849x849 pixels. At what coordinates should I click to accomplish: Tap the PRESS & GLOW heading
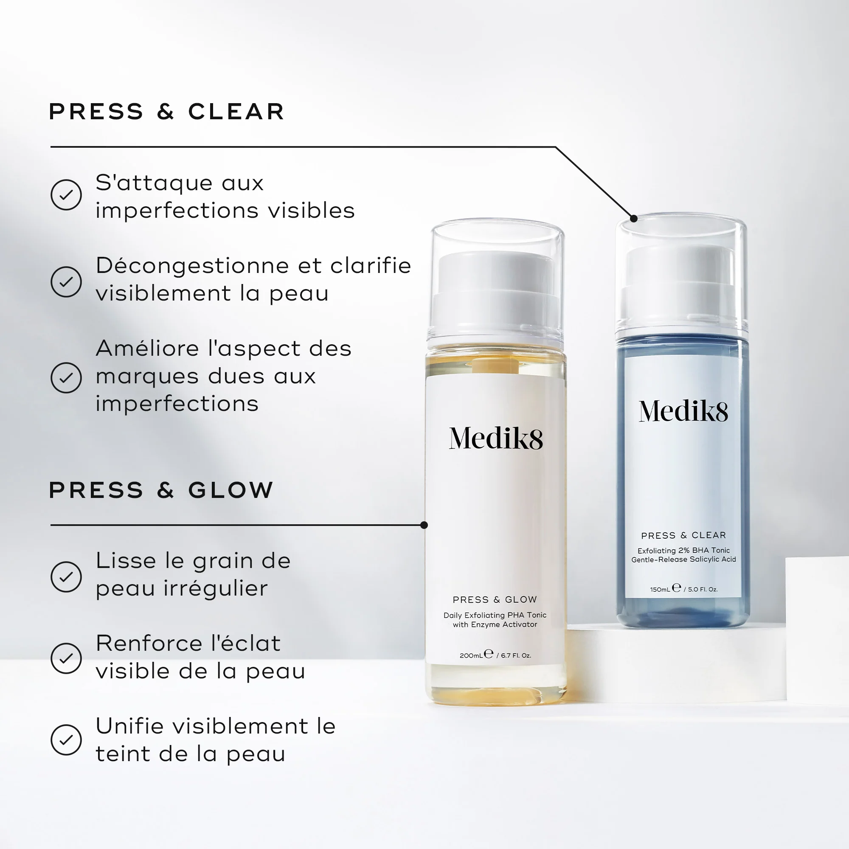[161, 490]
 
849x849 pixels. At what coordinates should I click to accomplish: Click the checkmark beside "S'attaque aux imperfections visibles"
[66, 195]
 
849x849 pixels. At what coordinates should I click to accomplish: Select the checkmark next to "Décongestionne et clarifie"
[66, 282]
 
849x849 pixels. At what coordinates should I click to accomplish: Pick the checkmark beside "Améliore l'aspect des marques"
[66, 377]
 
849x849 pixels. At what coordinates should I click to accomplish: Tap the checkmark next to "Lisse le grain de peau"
[66, 576]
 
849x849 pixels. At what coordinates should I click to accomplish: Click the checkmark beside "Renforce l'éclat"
[66, 658]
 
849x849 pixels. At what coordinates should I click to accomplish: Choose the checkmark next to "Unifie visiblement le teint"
[66, 740]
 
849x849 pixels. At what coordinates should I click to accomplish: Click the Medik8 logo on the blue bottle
[683, 411]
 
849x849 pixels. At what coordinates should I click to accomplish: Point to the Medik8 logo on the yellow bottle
[496, 439]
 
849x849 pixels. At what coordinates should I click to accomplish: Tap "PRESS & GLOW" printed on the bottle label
[495, 599]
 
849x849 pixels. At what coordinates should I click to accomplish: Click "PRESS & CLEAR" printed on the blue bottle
[683, 535]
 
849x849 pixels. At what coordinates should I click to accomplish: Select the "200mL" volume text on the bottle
[471, 655]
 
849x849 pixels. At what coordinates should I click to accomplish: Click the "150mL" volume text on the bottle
[660, 589]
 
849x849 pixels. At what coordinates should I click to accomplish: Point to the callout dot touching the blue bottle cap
[634, 218]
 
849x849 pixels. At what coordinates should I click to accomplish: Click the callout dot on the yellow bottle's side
[424, 525]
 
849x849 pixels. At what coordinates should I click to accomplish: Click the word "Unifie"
[130, 726]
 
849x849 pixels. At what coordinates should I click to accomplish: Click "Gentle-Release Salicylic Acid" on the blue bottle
[683, 559]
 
